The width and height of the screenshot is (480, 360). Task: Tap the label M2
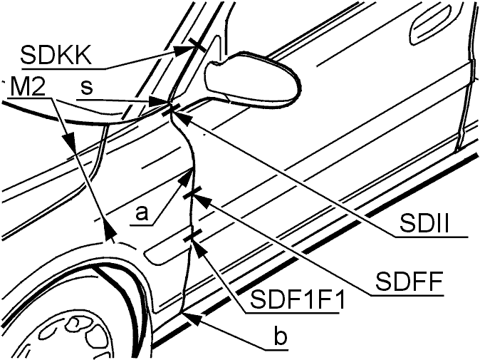pos(28,87)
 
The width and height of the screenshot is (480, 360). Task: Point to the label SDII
pos(424,224)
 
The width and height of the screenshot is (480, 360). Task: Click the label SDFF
pos(409,282)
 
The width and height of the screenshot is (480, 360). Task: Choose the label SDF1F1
pos(297,300)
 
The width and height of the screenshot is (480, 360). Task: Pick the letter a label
pos(142,213)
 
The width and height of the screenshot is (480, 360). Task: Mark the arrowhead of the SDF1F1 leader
pos(199,247)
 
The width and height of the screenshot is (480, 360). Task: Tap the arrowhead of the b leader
pos(192,318)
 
